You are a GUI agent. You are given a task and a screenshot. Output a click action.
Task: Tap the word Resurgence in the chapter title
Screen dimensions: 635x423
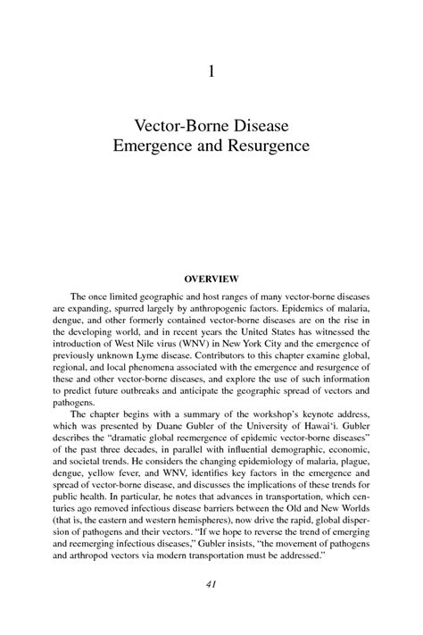click(269, 143)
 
